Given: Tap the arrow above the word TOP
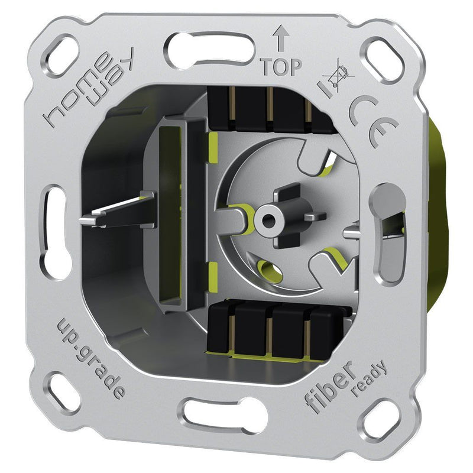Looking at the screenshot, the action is coord(281,38).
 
